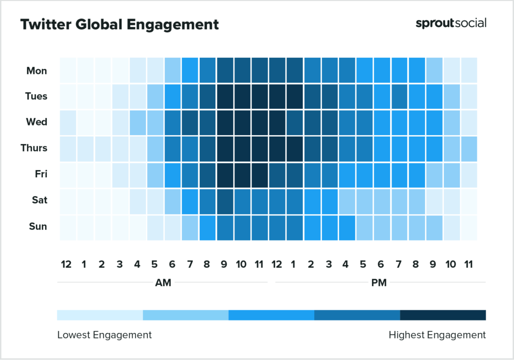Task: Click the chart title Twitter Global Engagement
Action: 119,25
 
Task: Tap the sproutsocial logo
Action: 451,23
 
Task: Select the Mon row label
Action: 37,71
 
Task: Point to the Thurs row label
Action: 34,148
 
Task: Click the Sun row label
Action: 38,226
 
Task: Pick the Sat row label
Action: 39,200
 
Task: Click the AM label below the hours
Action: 163,283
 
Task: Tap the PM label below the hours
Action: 379,283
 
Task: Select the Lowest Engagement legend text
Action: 104,334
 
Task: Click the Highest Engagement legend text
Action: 437,334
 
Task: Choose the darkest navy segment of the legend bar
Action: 443,315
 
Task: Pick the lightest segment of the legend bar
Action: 100,315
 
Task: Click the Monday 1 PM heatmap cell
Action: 295,70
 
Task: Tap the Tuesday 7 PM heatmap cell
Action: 399,96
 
